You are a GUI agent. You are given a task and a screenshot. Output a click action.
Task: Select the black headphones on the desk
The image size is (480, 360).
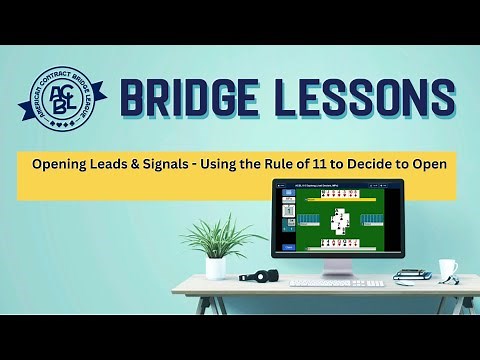(262, 276)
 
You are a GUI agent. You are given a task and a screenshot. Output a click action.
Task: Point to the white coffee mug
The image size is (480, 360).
(447, 270)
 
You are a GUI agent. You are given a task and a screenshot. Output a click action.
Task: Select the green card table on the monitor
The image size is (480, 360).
(338, 222)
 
